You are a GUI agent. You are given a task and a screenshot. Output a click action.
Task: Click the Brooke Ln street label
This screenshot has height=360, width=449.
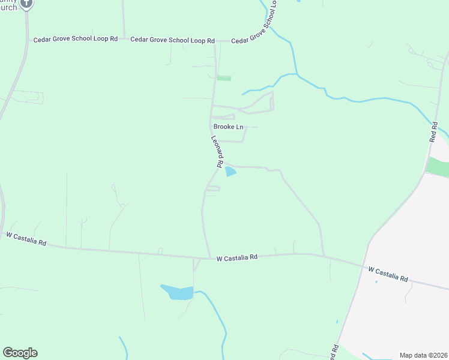pyautogui.click(x=229, y=127)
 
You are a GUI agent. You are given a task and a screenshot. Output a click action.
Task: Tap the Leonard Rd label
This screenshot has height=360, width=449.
pyautogui.click(x=217, y=151)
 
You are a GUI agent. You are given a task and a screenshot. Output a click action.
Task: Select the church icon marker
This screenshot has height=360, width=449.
pyautogui.click(x=26, y=4)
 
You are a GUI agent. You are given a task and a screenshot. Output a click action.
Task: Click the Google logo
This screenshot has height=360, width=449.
pyautogui.click(x=20, y=353)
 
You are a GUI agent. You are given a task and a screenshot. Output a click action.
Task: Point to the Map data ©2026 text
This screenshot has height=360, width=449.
pyautogui.click(x=423, y=355)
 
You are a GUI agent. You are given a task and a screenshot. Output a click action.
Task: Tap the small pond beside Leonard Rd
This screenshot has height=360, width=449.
pyautogui.click(x=231, y=173)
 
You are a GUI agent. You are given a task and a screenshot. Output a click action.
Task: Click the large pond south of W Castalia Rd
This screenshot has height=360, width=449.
pyautogui.click(x=178, y=292)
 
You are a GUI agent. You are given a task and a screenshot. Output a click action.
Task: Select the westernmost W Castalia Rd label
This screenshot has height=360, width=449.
pyautogui.click(x=26, y=239)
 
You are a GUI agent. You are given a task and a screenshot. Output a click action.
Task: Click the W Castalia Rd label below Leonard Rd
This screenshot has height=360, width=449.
pyautogui.click(x=237, y=257)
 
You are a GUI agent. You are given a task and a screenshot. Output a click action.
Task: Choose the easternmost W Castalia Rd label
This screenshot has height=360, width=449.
pyautogui.click(x=388, y=275)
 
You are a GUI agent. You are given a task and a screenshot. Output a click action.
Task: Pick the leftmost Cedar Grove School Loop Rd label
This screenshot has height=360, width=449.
pyautogui.click(x=75, y=39)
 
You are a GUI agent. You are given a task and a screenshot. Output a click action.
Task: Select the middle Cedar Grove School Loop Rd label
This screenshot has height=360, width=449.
pyautogui.click(x=172, y=40)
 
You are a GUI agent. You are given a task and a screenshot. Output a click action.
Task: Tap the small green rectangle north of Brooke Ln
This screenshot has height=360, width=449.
pyautogui.click(x=224, y=78)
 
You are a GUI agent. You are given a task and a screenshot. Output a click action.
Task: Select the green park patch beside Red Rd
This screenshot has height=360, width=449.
pyautogui.click(x=437, y=166)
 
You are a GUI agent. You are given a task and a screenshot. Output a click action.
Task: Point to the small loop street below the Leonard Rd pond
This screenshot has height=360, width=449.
pyautogui.click(x=212, y=189)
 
